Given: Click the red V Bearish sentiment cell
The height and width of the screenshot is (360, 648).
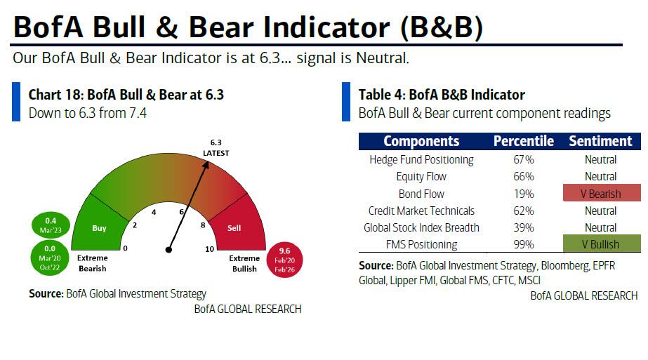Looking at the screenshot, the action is click(602, 194).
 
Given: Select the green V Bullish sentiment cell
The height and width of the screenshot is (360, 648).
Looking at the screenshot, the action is click(602, 244).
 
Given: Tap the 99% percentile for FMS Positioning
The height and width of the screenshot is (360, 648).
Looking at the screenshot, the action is click(524, 245).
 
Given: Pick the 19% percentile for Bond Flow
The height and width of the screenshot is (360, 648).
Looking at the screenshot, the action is click(524, 194).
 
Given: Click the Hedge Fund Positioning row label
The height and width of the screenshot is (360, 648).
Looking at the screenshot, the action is click(421, 160).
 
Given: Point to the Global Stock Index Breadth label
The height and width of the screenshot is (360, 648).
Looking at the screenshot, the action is click(421, 228).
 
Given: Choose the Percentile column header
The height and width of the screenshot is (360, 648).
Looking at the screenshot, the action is click(524, 141).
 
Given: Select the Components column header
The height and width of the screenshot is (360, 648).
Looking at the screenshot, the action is click(421, 141).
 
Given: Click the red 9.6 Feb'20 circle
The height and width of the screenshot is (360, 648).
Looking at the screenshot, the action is click(285, 260).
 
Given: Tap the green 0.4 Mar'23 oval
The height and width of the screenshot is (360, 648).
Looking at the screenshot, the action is click(51, 225).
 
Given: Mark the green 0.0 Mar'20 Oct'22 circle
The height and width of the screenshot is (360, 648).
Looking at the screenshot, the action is click(50, 258).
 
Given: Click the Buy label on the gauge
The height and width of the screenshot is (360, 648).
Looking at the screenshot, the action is click(99, 228).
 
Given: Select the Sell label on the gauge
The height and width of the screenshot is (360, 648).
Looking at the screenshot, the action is click(234, 228).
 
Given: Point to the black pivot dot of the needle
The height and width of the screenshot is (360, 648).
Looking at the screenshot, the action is click(168, 250).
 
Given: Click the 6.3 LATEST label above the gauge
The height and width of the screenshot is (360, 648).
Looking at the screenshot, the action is click(216, 147).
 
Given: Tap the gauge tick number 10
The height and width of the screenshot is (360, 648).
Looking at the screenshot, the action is click(209, 249).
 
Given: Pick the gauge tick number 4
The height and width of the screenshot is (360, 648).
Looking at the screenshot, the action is click(154, 213).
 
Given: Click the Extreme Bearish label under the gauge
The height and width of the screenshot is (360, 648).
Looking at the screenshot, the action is click(93, 263).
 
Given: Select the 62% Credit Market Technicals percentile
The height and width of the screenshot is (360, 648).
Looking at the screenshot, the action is click(524, 211).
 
